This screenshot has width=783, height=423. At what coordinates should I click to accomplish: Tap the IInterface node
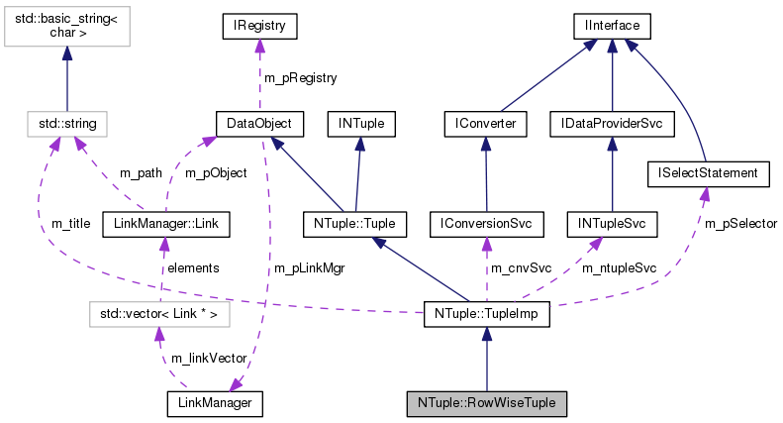click(x=611, y=23)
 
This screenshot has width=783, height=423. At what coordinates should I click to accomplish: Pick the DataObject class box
click(x=258, y=124)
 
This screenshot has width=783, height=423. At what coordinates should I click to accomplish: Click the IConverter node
click(x=485, y=124)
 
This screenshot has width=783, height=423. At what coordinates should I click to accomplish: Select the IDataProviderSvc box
click(x=612, y=124)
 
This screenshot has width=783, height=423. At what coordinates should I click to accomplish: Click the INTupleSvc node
click(x=612, y=225)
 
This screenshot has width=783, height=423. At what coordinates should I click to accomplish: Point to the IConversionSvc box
click(x=486, y=225)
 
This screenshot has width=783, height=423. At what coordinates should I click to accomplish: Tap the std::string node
click(x=66, y=124)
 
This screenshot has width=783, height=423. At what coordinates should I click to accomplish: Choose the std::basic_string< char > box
click(x=66, y=30)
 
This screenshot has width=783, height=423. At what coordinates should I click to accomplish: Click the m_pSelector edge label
click(x=740, y=224)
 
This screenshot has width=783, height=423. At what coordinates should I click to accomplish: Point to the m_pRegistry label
click(x=299, y=77)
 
